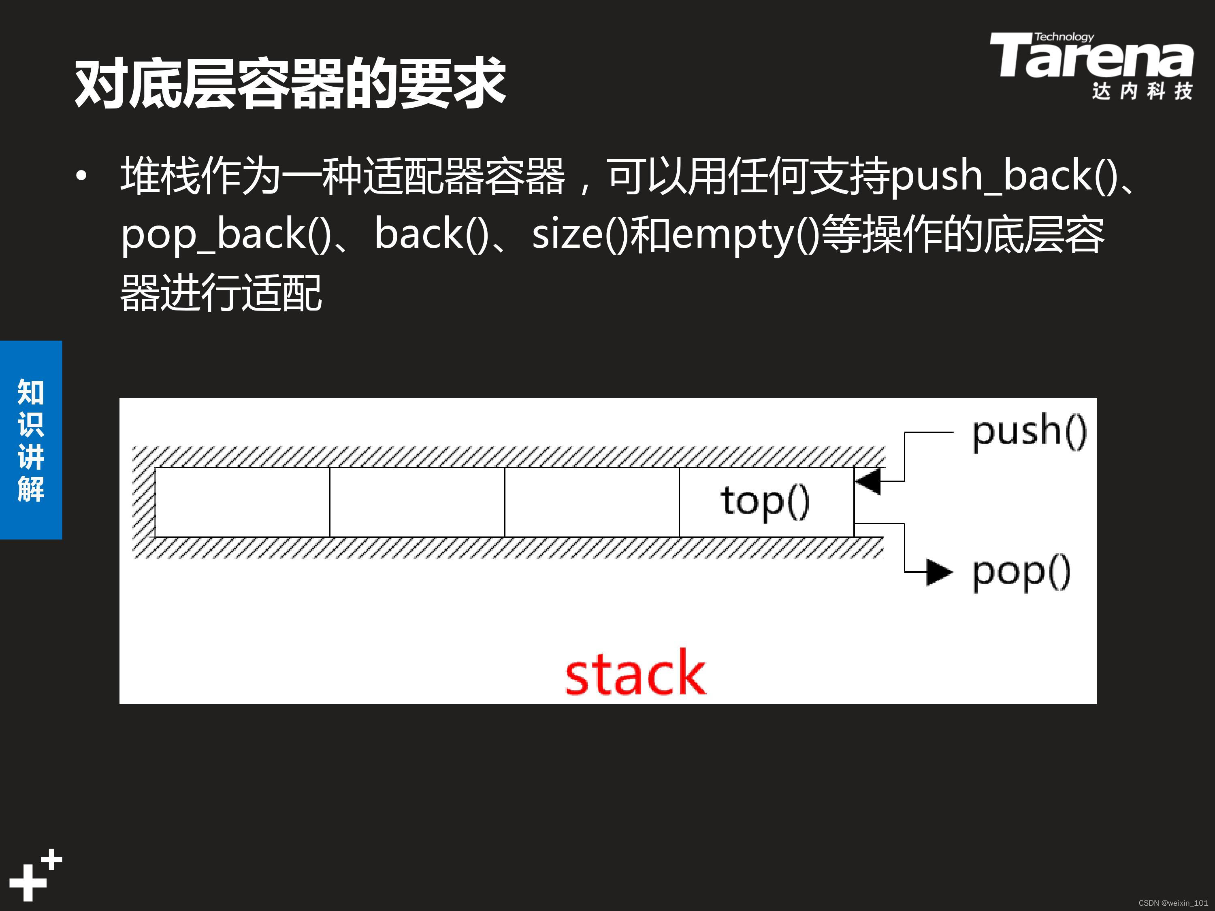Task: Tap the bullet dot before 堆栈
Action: click(82, 176)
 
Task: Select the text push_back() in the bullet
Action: click(1002, 176)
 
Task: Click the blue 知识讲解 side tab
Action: click(31, 440)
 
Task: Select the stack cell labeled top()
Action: click(766, 502)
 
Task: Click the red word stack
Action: click(635, 674)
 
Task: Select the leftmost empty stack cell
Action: click(242, 502)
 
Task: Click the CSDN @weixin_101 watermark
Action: click(1173, 903)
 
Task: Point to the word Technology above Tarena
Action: click(1064, 37)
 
